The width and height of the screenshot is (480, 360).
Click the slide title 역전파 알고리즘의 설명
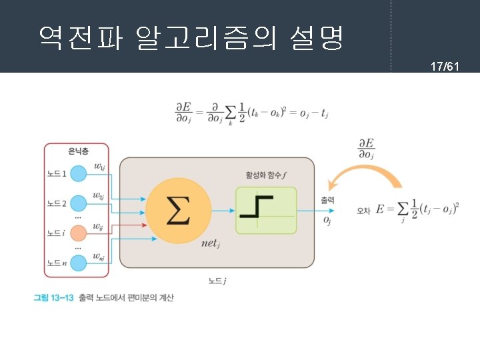tap(191, 39)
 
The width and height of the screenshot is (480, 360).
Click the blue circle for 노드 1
tap(79, 175)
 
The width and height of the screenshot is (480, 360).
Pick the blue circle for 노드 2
tap(79, 203)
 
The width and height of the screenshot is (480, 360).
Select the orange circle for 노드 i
tap(79, 233)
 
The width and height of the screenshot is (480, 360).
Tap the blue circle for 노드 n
tap(79, 263)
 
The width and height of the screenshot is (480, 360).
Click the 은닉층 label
tap(76, 152)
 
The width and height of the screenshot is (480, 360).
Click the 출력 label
tap(327, 200)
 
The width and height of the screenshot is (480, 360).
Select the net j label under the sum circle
tap(211, 243)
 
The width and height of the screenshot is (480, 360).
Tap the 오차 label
tap(363, 211)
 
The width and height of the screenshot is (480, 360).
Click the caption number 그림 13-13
tap(53, 297)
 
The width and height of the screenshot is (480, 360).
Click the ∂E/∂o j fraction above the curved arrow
tap(366, 149)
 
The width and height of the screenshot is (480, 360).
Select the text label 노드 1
tap(56, 175)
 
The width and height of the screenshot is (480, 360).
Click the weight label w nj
tap(98, 256)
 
